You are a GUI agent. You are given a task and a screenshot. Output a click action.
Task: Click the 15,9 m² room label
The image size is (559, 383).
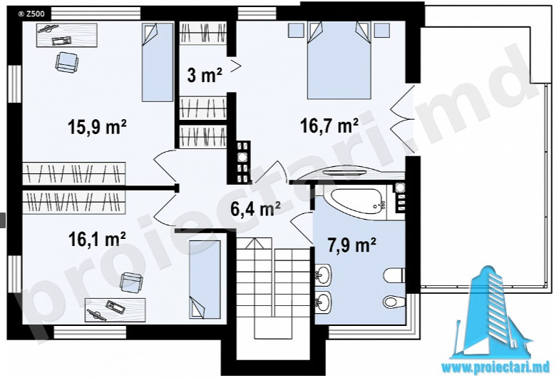tap(97, 127)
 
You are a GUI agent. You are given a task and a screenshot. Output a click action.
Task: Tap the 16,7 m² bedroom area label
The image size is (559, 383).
tap(329, 126)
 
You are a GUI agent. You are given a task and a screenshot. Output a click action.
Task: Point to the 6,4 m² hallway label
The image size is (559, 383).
tap(255, 208)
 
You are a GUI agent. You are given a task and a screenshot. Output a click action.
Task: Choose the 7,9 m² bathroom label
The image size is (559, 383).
tap(352, 245)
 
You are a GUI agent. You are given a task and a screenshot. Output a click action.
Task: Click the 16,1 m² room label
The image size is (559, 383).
tap(97, 240)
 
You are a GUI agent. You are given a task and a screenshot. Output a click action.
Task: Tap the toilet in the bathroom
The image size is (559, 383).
tap(395, 275)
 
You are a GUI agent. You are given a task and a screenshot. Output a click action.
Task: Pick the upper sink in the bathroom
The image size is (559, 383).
tap(323, 275)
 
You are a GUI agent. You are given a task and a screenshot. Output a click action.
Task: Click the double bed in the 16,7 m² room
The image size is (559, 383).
tap(339, 60)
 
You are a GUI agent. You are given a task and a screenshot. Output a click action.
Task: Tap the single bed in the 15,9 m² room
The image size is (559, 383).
tap(158, 62)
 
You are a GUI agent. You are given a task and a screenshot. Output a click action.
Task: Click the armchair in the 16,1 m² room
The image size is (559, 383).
tap(131, 282)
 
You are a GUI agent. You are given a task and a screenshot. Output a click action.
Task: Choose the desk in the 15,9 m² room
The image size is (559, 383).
tap(67, 35)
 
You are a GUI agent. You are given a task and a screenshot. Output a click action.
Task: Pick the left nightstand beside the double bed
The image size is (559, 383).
tap(295, 30)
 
